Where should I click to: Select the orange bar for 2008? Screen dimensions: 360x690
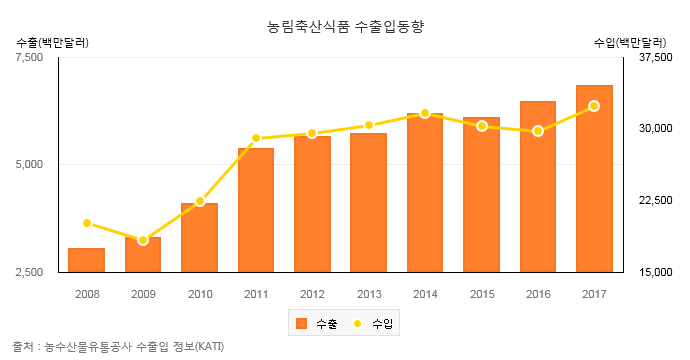coord(87,260)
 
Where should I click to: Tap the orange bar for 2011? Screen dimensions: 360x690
coord(256,210)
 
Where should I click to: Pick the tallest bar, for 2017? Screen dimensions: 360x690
coord(594,178)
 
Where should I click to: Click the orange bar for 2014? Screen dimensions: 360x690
coord(425,192)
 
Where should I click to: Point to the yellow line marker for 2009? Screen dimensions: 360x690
coord(143,240)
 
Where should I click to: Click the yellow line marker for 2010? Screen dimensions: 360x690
coord(200,202)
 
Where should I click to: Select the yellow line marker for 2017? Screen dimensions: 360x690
coord(594,106)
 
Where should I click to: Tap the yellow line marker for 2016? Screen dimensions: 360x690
coord(538,131)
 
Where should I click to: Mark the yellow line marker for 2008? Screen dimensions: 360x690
coord(87,223)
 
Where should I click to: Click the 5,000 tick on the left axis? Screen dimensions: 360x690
coord(31,164)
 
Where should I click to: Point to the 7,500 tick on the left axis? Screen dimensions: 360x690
coord(31,58)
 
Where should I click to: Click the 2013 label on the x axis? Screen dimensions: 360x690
coord(369,294)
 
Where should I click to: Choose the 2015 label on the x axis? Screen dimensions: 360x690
coord(482,294)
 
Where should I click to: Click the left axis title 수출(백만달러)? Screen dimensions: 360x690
coord(53,43)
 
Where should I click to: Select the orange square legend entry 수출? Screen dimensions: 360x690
coord(302,324)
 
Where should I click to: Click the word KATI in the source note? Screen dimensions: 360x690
coord(208,346)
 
